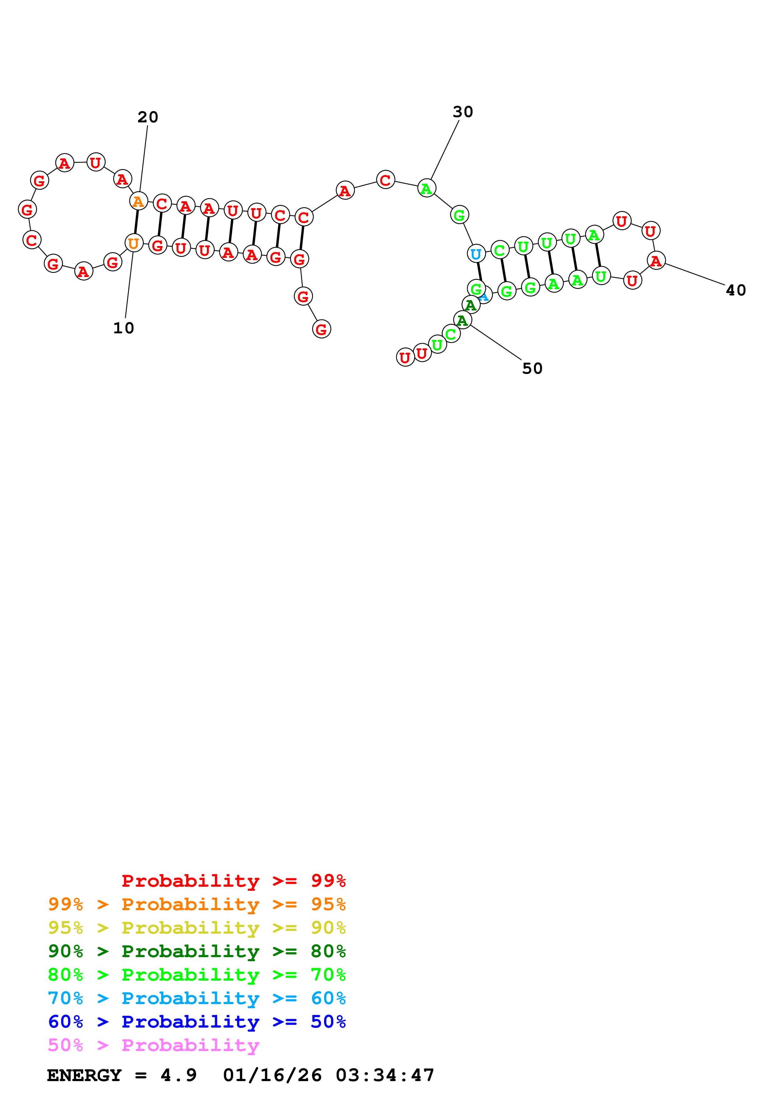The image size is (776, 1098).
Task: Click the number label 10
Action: tap(123, 328)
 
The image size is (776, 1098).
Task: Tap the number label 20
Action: tap(148, 117)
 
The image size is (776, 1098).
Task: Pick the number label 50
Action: tap(532, 368)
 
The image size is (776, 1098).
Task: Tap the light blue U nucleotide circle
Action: tap(476, 254)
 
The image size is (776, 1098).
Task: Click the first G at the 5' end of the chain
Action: tap(321, 329)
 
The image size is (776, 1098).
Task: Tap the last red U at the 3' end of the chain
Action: tap(405, 357)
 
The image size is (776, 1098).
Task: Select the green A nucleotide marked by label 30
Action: tap(426, 188)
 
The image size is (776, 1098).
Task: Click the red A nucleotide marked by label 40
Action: tap(656, 261)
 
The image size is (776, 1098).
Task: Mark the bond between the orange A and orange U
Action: tap(136, 222)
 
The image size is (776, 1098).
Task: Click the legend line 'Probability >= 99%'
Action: tap(233, 880)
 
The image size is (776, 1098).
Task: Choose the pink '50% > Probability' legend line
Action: tap(153, 1045)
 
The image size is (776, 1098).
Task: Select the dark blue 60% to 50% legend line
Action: tap(197, 1022)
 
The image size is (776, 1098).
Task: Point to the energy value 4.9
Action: tap(178, 1075)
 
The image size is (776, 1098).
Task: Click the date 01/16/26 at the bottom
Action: tap(272, 1075)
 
